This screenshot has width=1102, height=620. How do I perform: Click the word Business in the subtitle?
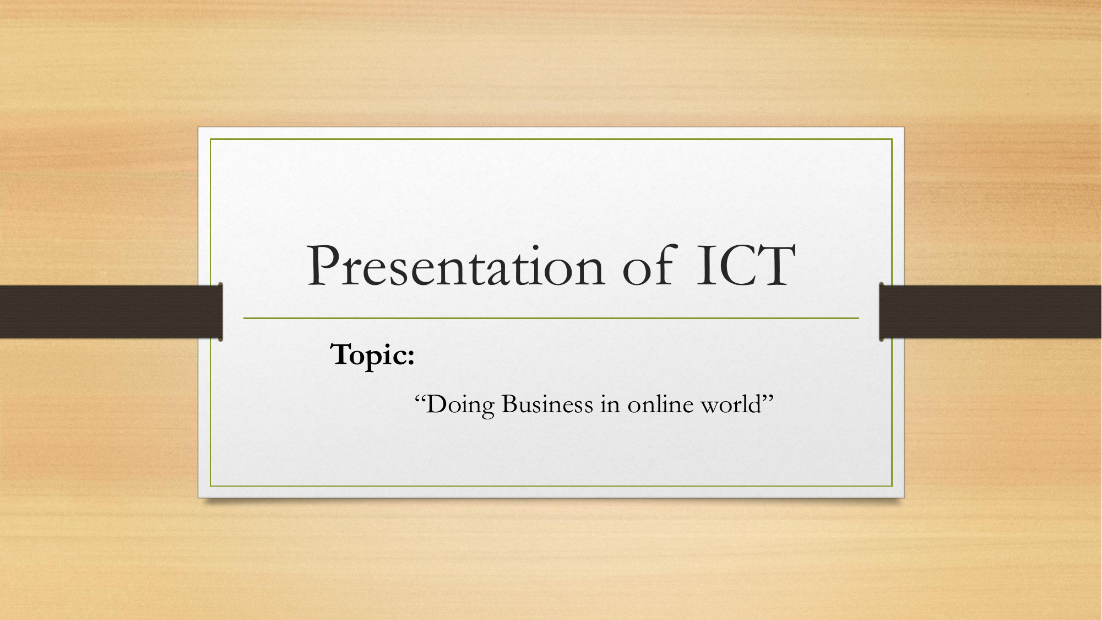click(x=547, y=405)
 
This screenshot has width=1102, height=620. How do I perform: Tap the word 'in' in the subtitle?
click(x=610, y=405)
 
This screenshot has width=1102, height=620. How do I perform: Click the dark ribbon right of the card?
click(x=990, y=311)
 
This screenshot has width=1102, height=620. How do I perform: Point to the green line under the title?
click(x=551, y=318)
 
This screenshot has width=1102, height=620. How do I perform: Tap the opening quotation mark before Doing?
click(x=420, y=398)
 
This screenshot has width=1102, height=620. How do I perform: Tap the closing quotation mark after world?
click(x=768, y=398)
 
